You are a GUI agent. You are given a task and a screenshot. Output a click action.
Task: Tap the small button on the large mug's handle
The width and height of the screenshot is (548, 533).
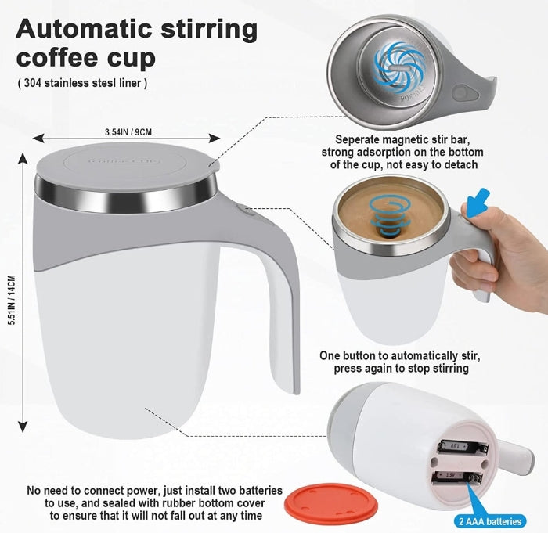click(x=244, y=209)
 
